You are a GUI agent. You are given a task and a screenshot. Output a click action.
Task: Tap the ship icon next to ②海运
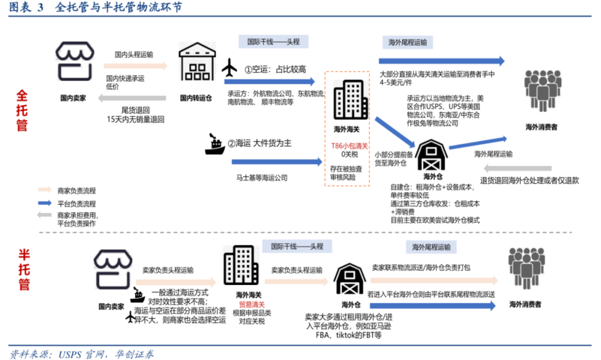tap(214, 144)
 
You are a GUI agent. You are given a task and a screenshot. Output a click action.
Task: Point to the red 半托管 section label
tap(23, 270)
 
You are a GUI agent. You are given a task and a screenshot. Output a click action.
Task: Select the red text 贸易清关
tap(249, 304)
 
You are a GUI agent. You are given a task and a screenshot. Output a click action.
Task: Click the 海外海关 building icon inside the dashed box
tap(347, 100)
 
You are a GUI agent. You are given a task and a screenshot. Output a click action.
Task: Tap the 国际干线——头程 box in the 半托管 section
tap(297, 246)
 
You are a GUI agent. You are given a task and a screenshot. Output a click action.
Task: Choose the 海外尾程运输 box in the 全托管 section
tap(408, 42)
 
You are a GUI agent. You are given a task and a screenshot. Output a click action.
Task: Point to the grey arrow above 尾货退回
tap(132, 98)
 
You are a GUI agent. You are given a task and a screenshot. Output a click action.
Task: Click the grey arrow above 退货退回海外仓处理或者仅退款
tap(517, 169)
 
